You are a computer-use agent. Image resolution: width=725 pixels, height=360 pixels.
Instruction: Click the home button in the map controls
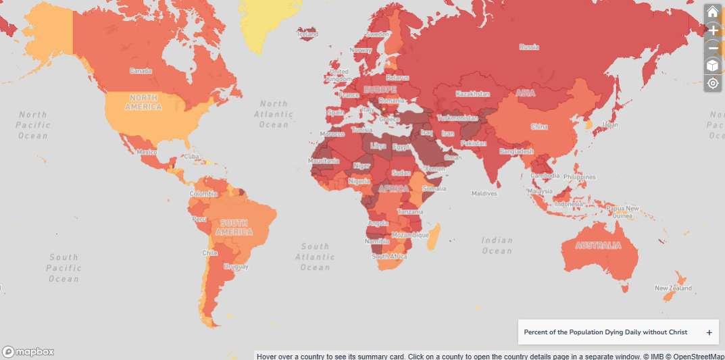712,11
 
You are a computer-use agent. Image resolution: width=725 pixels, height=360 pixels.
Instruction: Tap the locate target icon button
712,83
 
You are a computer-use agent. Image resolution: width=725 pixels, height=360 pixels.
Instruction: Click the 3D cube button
712,66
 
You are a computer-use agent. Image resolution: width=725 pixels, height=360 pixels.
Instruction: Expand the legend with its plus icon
709,332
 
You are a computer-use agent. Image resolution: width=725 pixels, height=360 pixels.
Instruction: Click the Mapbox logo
28,351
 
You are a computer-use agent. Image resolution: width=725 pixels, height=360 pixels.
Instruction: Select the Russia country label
528,47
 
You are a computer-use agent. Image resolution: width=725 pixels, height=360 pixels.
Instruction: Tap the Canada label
141,71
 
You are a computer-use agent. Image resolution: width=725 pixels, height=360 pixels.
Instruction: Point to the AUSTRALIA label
597,245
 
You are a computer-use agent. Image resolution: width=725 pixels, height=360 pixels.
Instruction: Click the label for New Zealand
673,288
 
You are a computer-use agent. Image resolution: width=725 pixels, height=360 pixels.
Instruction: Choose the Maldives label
484,194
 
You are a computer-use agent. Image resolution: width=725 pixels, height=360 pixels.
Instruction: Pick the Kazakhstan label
472,94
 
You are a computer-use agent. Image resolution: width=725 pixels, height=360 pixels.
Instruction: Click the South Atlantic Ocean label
316,257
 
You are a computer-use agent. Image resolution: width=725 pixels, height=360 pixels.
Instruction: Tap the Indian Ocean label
497,246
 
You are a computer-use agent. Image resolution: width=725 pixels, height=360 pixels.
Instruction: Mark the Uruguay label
236,267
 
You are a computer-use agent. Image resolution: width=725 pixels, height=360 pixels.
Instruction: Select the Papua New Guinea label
622,212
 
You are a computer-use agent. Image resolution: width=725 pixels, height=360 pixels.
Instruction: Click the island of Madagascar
434,236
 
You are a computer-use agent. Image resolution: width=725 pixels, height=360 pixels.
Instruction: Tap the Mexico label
147,152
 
